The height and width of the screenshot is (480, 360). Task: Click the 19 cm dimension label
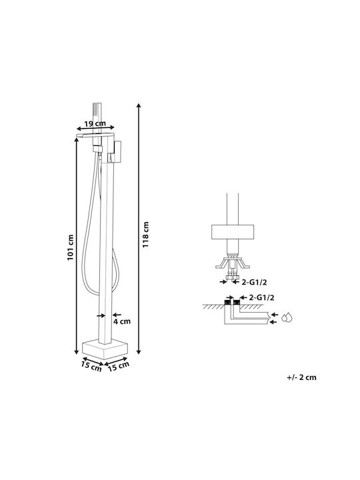click(95, 124)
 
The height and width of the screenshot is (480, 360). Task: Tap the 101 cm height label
click(71, 247)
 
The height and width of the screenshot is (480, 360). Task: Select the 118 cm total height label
click(145, 235)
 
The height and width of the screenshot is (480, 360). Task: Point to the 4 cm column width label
click(122, 321)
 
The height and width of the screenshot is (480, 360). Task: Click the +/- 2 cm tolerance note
click(301, 377)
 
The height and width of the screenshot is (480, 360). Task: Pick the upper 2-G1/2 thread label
click(254, 282)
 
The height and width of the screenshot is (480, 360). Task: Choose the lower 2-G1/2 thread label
click(261, 297)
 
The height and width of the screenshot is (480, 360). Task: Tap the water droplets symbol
click(287, 318)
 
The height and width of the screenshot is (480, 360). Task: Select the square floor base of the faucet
click(105, 349)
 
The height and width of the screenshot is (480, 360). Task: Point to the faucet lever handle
click(116, 151)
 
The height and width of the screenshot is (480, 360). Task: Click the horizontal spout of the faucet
click(95, 135)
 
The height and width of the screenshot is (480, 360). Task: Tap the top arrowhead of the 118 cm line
click(139, 105)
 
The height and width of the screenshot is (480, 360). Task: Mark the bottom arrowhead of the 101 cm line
click(77, 352)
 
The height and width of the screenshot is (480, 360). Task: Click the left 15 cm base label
click(91, 366)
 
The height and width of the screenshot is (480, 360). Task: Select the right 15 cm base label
click(119, 366)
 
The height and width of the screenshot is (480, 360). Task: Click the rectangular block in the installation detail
click(233, 232)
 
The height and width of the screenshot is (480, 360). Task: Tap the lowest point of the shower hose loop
click(97, 294)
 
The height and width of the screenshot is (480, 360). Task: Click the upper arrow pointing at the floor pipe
click(275, 315)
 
